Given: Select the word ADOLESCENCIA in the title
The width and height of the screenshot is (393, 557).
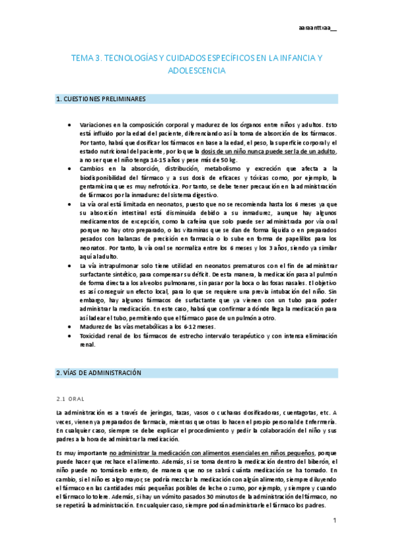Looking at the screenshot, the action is (x=197, y=70).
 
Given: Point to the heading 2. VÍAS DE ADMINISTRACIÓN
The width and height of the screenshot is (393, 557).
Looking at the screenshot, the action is (x=99, y=372).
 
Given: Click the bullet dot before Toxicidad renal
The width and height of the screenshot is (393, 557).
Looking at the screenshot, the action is (x=70, y=336).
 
